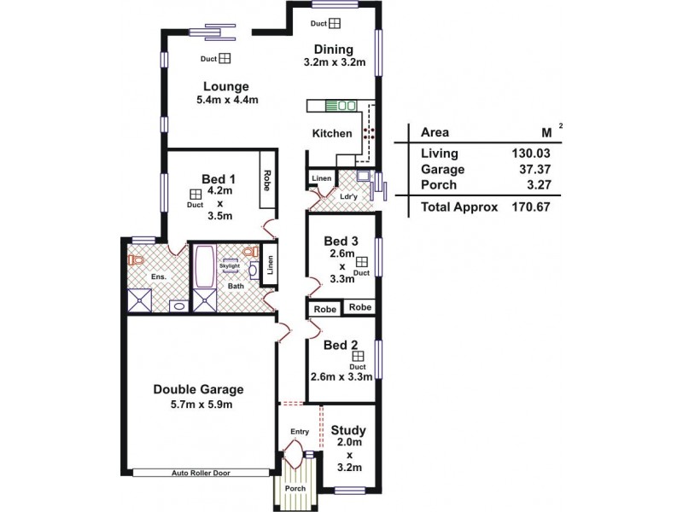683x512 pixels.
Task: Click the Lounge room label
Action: [225, 86]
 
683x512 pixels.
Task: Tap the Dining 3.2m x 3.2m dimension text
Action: [334, 62]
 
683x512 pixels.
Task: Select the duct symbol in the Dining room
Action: [335, 24]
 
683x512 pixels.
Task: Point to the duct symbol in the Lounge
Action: [225, 59]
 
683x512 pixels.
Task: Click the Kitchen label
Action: [331, 133]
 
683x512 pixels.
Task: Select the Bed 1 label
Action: [218, 178]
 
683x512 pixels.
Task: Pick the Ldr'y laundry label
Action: [348, 195]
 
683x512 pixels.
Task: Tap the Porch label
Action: [295, 489]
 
